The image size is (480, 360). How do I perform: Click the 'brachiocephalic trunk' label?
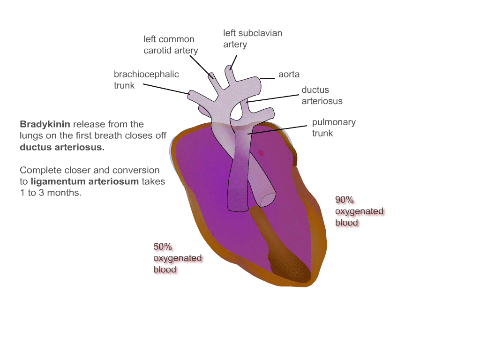coord(146,80)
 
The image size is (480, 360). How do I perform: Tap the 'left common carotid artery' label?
coord(170,45)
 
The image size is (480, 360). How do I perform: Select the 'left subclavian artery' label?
coord(252,39)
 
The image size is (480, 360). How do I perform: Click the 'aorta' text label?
coord(289,75)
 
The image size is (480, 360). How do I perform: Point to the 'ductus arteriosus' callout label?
coord(322,95)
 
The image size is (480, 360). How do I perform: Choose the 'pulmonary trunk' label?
coord(334,127)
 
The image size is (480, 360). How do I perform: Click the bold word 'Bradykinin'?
coord(45,125)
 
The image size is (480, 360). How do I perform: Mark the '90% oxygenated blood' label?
coord(359,211)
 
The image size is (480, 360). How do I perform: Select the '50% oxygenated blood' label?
coord(177,258)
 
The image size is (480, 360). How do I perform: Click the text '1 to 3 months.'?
coord(51,193)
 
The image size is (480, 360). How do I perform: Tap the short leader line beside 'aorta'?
coord(267,79)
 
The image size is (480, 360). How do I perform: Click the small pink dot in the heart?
coord(261,152)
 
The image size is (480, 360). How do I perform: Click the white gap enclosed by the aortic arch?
coord(237,112)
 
